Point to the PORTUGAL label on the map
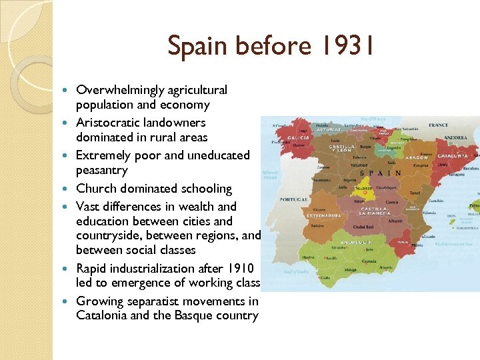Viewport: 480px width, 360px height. point(293,199)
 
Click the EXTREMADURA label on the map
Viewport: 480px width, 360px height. point(324,215)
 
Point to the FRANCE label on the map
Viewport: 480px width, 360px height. point(438,125)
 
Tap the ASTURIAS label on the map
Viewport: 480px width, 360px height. point(329,129)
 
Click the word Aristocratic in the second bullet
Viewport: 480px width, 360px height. point(107,123)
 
